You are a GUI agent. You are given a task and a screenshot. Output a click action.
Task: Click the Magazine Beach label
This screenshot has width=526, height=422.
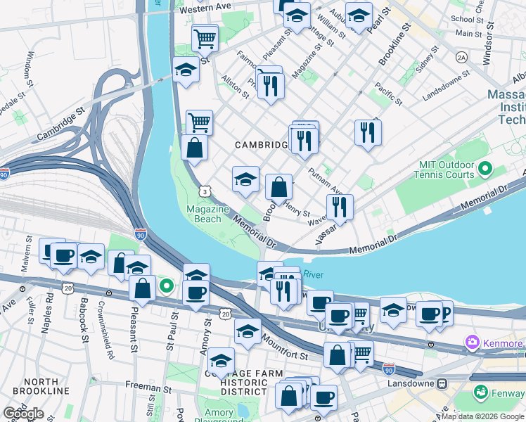coord(207,214)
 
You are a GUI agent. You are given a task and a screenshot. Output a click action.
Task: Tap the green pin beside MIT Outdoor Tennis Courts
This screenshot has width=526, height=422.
coord(485,169)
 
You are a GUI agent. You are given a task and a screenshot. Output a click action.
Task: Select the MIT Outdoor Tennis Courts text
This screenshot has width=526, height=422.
coord(447,170)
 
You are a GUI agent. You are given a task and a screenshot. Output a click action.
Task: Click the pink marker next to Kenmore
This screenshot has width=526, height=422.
coord(471,343)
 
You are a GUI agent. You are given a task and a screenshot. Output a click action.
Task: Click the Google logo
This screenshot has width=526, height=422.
coord(23,414)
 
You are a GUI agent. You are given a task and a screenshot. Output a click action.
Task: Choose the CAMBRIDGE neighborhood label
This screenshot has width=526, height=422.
coord(261,144)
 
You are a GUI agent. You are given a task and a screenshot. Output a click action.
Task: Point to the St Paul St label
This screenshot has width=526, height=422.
coord(169,335)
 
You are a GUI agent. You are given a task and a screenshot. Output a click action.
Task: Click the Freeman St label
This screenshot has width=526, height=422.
coord(148,385)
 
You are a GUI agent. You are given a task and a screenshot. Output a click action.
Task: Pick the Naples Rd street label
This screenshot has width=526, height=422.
coord(48,307)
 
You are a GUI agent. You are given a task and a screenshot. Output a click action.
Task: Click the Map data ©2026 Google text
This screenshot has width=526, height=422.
coord(482,416)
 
